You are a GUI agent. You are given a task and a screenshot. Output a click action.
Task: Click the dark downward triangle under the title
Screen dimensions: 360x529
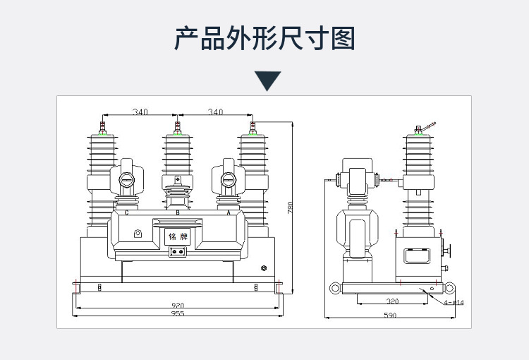[x=267, y=80]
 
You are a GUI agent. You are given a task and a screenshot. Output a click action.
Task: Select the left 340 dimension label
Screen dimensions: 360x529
[x=140, y=112]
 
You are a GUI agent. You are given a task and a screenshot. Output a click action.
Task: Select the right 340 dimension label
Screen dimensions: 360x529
[x=215, y=112]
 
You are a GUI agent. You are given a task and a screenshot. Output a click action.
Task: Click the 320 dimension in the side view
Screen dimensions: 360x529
[x=392, y=301]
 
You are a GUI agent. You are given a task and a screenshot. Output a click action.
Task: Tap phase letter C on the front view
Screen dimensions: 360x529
[x=126, y=212]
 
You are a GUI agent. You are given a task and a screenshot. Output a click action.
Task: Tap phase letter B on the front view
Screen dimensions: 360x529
[x=177, y=212]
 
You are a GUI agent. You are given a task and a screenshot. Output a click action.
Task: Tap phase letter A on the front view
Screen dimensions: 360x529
[x=228, y=212]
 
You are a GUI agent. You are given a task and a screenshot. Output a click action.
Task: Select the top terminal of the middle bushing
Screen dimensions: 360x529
[x=177, y=128]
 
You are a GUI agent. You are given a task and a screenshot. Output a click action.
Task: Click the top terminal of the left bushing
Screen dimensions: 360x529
[x=102, y=128]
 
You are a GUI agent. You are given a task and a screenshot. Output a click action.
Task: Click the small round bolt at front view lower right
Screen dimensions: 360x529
[x=264, y=268]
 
